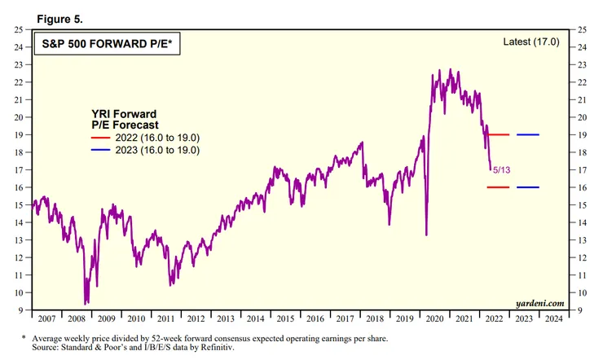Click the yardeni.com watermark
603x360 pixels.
tap(538, 302)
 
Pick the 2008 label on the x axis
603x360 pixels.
tap(77, 318)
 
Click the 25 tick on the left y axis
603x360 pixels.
tap(20, 29)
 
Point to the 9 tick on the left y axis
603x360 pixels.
tap(23, 310)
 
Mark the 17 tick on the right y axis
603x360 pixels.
tap(581, 170)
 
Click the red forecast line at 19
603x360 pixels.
tap(497, 134)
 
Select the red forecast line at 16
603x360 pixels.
tap(497, 187)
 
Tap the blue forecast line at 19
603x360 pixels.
tap(527, 134)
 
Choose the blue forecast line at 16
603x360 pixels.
tap(527, 187)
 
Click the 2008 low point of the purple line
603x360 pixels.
tap(85, 303)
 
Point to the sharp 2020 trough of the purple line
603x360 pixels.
tap(426, 235)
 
